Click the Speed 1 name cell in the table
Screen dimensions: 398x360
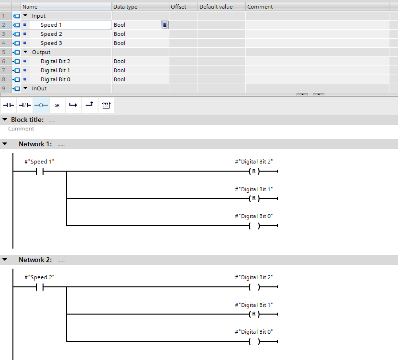[x=51, y=25]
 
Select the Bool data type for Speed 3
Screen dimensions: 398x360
[x=120, y=43]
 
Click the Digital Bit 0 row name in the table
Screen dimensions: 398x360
[x=55, y=79]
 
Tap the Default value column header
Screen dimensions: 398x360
[x=216, y=7]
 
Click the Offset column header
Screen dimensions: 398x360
[x=178, y=7]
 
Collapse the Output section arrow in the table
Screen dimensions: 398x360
[x=25, y=52]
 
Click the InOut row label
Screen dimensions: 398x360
[x=39, y=88]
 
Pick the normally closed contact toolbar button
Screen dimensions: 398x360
[x=25, y=105]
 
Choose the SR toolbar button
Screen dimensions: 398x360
[x=57, y=105]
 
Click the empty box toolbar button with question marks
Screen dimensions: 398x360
[x=106, y=105]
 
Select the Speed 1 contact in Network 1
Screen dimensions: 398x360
[x=40, y=172]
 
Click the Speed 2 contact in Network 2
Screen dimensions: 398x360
[x=40, y=287]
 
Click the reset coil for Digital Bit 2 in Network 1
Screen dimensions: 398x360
[x=254, y=171]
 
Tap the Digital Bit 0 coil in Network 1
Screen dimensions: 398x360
[x=254, y=226]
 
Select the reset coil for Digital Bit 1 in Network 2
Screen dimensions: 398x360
[x=254, y=314]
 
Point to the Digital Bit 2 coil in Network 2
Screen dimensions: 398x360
[x=254, y=287]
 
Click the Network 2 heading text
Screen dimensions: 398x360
[x=35, y=260]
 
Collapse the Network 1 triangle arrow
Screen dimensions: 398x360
[x=5, y=144]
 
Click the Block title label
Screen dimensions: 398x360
[x=27, y=120]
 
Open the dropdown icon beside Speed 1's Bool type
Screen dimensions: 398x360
[x=165, y=25]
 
